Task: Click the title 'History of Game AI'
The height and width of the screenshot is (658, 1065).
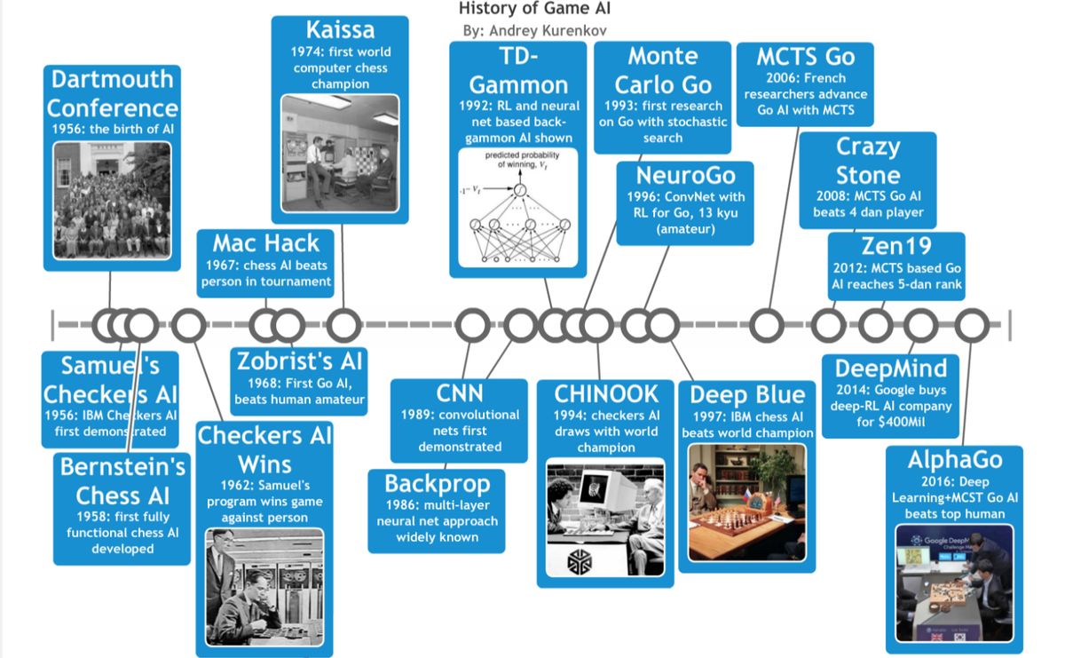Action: click(534, 10)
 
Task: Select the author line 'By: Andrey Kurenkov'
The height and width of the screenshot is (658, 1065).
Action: click(534, 30)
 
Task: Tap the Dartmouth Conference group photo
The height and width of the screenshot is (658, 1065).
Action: click(112, 201)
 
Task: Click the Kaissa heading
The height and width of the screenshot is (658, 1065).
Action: click(340, 29)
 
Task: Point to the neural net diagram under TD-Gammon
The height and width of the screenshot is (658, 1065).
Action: click(518, 207)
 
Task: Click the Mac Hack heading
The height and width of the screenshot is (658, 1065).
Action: click(265, 243)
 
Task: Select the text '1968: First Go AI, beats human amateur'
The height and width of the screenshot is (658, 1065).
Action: click(299, 392)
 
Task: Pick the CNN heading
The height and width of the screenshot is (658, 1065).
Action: click(460, 393)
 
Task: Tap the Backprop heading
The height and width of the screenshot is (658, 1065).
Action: click(437, 484)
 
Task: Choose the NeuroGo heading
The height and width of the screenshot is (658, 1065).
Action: click(684, 175)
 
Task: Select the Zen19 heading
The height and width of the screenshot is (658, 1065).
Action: click(896, 248)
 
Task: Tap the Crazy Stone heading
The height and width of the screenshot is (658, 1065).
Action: click(868, 161)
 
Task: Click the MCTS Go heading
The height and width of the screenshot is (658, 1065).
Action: click(805, 57)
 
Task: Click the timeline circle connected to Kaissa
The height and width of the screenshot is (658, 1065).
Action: click(343, 326)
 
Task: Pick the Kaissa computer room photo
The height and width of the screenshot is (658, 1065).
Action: click(340, 153)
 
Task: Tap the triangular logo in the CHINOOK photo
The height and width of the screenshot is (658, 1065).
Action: click(586, 560)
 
